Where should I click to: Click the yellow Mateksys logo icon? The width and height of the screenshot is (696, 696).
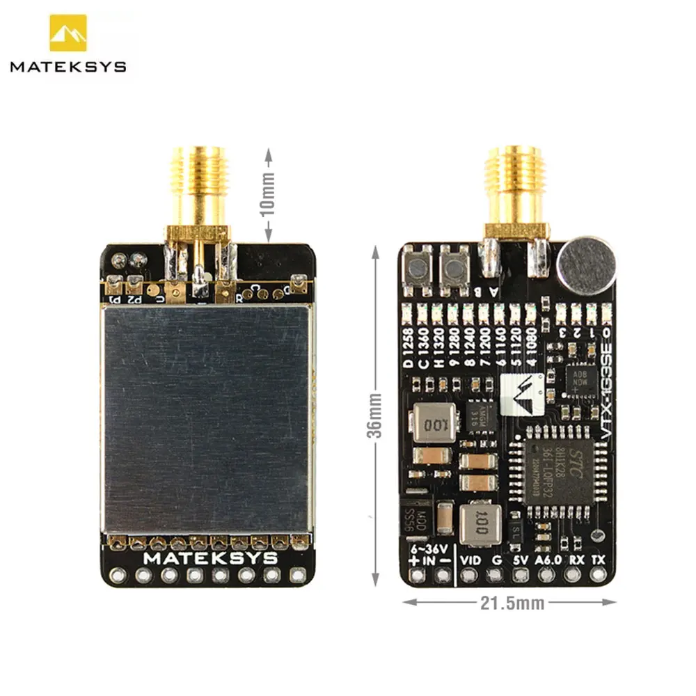click(68, 33)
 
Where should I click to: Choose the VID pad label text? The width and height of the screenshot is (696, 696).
click(471, 560)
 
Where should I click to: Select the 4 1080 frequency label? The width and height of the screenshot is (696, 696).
click(532, 347)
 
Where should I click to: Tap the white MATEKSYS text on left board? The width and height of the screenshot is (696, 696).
click(210, 558)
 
